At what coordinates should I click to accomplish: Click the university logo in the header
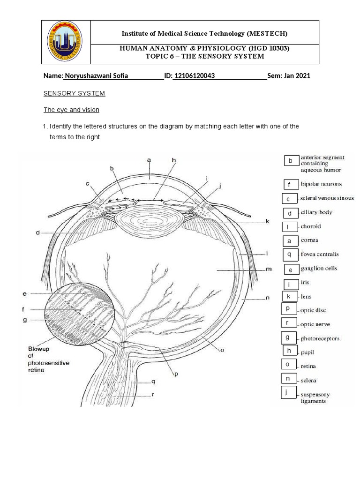click(x=66, y=42)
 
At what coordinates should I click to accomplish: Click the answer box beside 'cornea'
click(x=290, y=241)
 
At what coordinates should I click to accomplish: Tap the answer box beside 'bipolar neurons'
click(x=290, y=185)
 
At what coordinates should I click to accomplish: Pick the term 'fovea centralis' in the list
click(x=320, y=255)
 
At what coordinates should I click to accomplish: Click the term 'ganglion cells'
click(x=319, y=269)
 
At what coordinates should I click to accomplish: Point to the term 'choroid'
click(x=311, y=226)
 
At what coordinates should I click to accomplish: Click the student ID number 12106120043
click(x=194, y=76)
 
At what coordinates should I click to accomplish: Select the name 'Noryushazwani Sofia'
click(x=96, y=76)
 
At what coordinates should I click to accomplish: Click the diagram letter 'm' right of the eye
click(x=269, y=270)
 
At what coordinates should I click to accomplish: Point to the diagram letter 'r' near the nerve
click(x=153, y=395)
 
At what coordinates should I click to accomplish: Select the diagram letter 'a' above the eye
click(x=149, y=160)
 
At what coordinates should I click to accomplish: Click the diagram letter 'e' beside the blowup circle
click(x=24, y=294)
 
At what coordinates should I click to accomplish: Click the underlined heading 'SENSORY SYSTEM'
click(x=75, y=93)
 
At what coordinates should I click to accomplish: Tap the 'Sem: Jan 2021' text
click(x=289, y=76)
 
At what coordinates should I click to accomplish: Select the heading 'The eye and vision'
click(x=71, y=110)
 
